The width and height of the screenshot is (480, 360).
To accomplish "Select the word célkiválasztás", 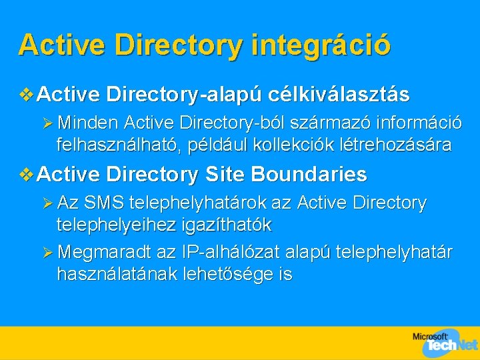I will point(339,95).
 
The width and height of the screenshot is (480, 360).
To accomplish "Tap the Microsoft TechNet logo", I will point(445,341).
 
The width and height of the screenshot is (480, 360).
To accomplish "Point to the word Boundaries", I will point(309,175).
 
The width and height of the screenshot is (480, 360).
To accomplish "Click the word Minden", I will point(89,123).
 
